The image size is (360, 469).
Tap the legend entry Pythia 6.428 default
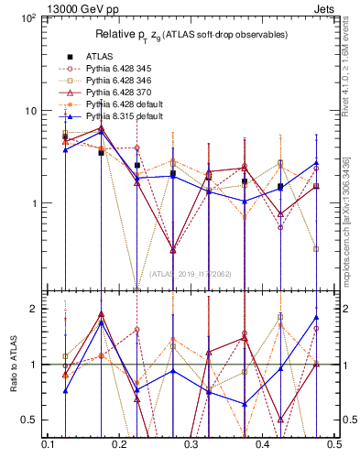[125, 104]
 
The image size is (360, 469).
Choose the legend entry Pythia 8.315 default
[125, 116]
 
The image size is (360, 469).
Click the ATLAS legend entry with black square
[99, 55]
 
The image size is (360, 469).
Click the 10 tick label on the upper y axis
[29, 111]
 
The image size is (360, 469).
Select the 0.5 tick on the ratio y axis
[32, 420]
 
